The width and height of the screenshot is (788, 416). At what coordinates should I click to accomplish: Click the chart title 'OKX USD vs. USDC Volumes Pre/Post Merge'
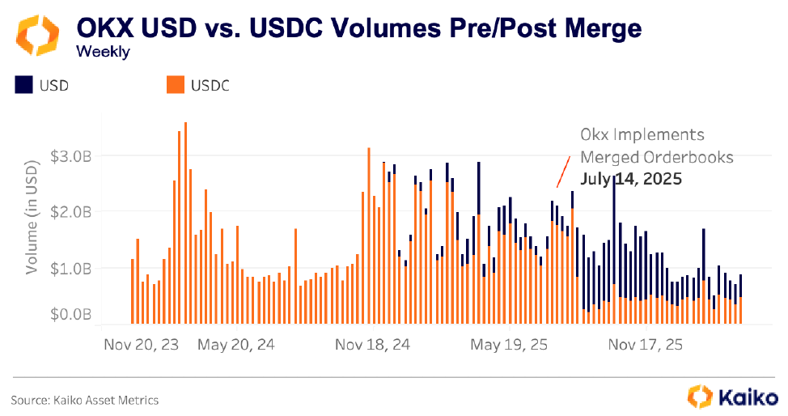[x=358, y=28]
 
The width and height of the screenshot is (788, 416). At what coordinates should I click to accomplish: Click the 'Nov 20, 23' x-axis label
[x=142, y=345]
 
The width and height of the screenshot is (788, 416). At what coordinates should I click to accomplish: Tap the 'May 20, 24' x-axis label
[x=236, y=345]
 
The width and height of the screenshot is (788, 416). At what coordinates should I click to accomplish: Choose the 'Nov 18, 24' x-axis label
[x=373, y=345]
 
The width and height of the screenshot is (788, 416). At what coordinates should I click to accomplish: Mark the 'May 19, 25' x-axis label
[x=509, y=345]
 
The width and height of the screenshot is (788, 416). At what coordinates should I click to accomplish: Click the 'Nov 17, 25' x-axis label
[x=644, y=345]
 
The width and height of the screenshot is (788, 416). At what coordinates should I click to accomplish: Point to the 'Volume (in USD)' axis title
[x=32, y=217]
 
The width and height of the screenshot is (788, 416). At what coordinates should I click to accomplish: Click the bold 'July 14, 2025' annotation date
[x=631, y=178]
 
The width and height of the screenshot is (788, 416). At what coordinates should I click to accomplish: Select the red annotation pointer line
[x=559, y=172]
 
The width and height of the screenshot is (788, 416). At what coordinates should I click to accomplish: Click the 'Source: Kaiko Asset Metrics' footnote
[x=84, y=400]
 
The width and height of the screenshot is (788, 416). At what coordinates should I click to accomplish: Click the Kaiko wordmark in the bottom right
[x=745, y=397]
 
